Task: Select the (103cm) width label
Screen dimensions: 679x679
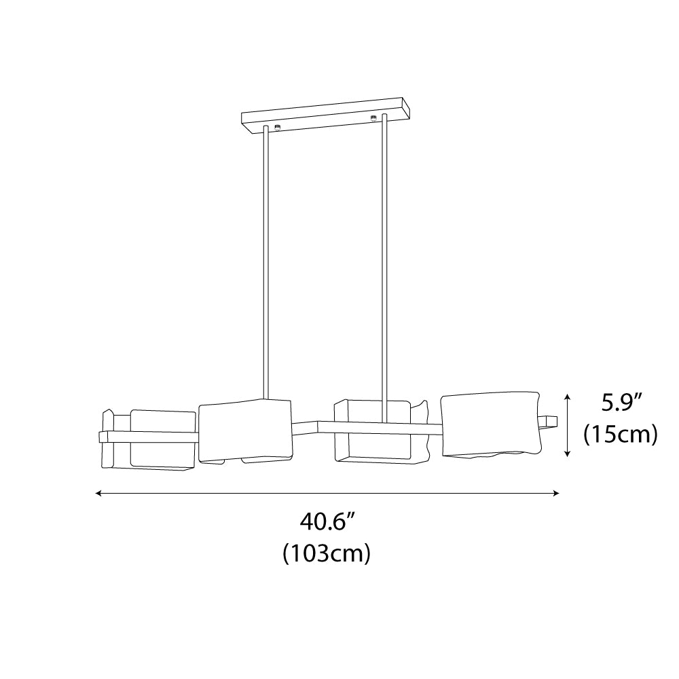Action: pos(327,553)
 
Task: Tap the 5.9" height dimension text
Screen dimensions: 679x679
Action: pos(621,403)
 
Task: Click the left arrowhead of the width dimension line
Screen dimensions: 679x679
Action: pos(98,493)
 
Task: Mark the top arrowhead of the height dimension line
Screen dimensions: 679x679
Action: pos(568,397)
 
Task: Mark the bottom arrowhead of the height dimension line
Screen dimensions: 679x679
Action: pos(568,454)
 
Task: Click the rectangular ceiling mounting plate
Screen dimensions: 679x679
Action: pos(325,115)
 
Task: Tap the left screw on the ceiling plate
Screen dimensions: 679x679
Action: pos(277,128)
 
